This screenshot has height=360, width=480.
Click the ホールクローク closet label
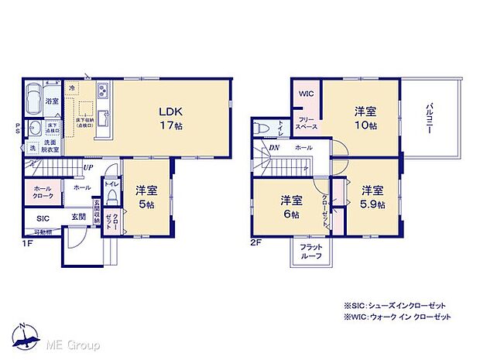tap(43, 191)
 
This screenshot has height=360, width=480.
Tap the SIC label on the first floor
tap(42, 219)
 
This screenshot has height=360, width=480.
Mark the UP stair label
tap(90, 166)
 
